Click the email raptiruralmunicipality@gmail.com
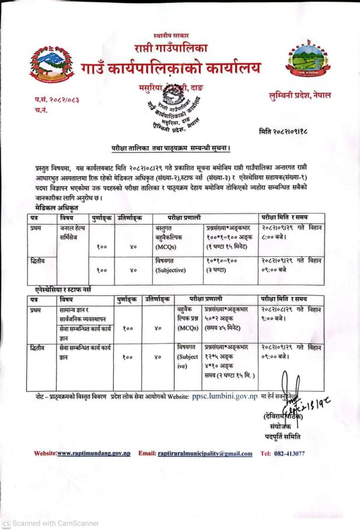pyautogui.click(x=205, y=453)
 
